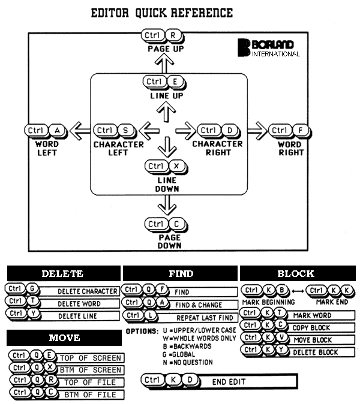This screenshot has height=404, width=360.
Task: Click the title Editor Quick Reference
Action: click(161, 13)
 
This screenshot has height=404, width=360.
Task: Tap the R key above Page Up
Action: click(173, 35)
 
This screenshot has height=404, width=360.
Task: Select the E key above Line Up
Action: click(173, 82)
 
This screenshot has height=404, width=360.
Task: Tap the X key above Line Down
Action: click(175, 166)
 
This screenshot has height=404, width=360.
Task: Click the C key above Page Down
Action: click(175, 224)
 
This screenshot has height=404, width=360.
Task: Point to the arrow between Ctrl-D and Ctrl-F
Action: click(256, 129)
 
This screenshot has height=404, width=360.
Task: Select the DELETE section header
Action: click(62, 273)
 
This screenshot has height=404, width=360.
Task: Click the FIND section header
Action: click(180, 273)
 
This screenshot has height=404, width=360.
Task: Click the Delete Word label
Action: click(79, 304)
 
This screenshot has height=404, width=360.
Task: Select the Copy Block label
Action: click(312, 328)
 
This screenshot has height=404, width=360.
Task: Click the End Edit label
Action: click(228, 381)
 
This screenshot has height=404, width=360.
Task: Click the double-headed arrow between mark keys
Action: click(295, 291)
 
